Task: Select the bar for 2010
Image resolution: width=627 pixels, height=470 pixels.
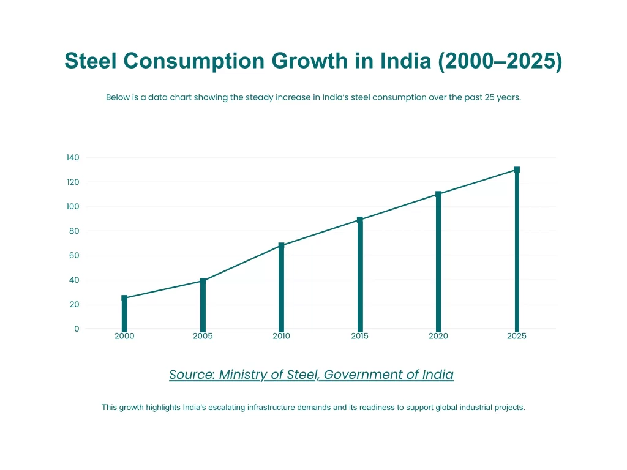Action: [x=281, y=288]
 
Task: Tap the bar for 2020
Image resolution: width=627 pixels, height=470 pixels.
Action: [x=438, y=263]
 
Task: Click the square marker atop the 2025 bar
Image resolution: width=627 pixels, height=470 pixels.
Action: [x=517, y=170]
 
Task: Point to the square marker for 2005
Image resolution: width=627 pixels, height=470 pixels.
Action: [x=203, y=281]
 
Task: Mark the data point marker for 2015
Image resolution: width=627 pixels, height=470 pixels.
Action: [x=360, y=219]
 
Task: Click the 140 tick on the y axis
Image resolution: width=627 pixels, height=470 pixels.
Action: [x=73, y=157]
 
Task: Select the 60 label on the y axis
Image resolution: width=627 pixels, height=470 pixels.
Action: [x=75, y=255]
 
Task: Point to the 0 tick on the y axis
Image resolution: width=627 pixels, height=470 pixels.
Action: [x=77, y=329]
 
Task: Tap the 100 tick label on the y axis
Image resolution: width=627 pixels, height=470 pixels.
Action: [x=73, y=206]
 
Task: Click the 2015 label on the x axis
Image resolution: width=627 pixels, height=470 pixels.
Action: [x=360, y=336]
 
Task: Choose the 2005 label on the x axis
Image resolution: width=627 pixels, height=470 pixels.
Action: [x=203, y=336]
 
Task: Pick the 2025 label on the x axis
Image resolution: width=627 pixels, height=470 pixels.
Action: [x=517, y=336]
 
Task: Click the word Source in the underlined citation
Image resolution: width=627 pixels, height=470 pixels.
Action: [x=190, y=375]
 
